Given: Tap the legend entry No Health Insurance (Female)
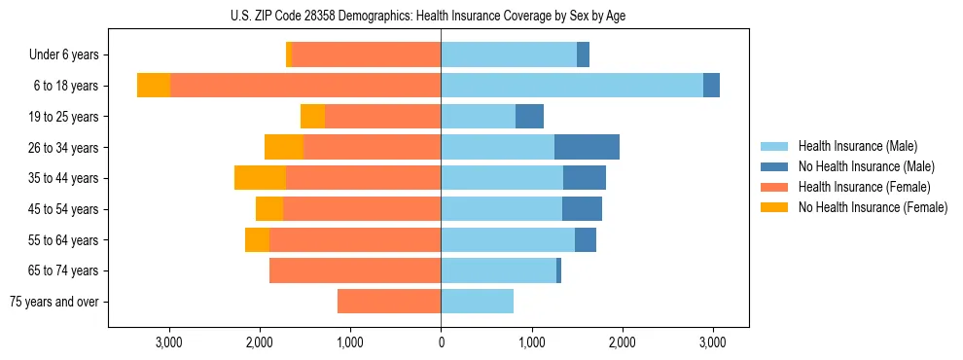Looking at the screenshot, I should tap(873, 207).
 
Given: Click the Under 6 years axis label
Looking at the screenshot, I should tap(64, 55).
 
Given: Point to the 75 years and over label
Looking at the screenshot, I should tap(53, 302).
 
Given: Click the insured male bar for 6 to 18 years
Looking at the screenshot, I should tap(572, 86).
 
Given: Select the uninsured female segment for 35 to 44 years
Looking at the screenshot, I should tap(260, 178).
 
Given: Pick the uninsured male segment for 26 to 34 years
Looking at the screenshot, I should tap(587, 147).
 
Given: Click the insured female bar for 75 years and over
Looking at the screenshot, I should tap(389, 302).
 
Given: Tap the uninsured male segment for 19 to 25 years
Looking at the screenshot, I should tap(529, 117).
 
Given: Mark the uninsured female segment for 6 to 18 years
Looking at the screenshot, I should tap(154, 86).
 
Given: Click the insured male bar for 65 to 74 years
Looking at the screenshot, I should tap(498, 270).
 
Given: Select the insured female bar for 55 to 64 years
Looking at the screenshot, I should tap(355, 240).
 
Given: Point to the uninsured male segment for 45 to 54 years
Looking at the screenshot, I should tap(582, 209).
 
